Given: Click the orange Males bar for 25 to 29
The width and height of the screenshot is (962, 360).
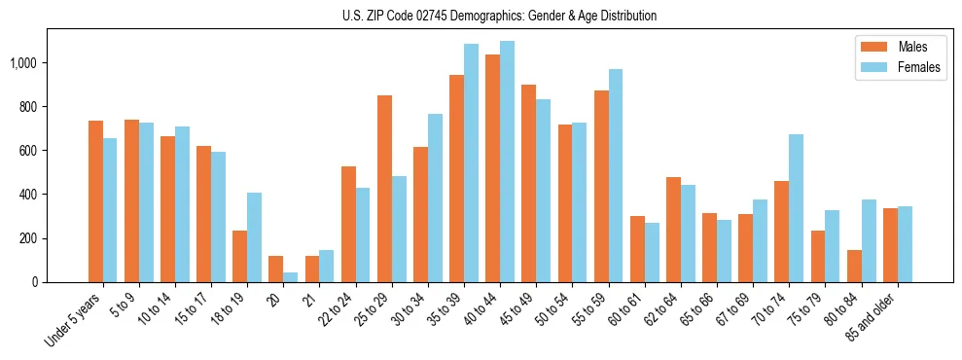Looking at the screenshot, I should pyautogui.click(x=385, y=189).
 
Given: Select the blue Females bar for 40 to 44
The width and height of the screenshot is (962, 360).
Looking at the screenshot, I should pyautogui.click(x=507, y=162).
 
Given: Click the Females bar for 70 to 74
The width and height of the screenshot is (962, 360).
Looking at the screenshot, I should pyautogui.click(x=796, y=208).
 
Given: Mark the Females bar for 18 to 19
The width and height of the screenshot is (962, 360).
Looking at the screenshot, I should pyautogui.click(x=254, y=237).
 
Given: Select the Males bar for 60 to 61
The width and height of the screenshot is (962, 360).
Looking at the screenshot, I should pyautogui.click(x=638, y=249).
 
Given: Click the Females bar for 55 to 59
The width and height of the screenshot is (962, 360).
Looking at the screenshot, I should pyautogui.click(x=616, y=176).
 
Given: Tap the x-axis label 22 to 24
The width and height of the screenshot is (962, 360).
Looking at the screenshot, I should pyautogui.click(x=337, y=313).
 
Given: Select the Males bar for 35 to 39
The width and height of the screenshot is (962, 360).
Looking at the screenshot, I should pyautogui.click(x=457, y=178).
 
